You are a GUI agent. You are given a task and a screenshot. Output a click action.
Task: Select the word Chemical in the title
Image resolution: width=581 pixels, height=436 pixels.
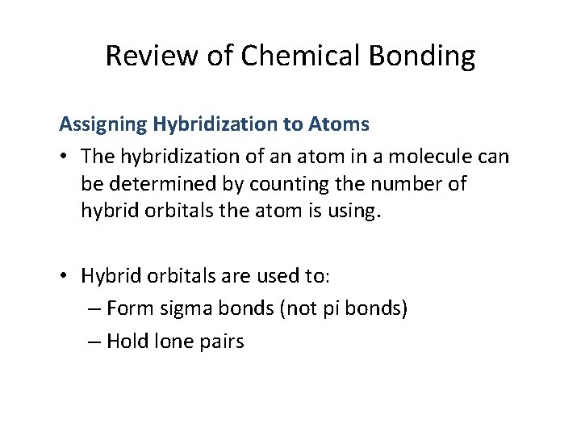(277, 56)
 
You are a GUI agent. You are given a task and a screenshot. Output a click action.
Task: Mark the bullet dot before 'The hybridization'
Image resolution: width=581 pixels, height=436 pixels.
(65, 155)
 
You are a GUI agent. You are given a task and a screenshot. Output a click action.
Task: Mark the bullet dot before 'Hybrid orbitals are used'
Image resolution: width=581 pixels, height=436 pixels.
(65, 276)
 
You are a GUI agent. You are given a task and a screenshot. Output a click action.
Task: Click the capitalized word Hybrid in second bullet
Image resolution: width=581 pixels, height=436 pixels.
(110, 276)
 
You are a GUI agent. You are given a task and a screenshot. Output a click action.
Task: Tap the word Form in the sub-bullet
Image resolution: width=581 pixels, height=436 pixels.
(125, 308)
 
